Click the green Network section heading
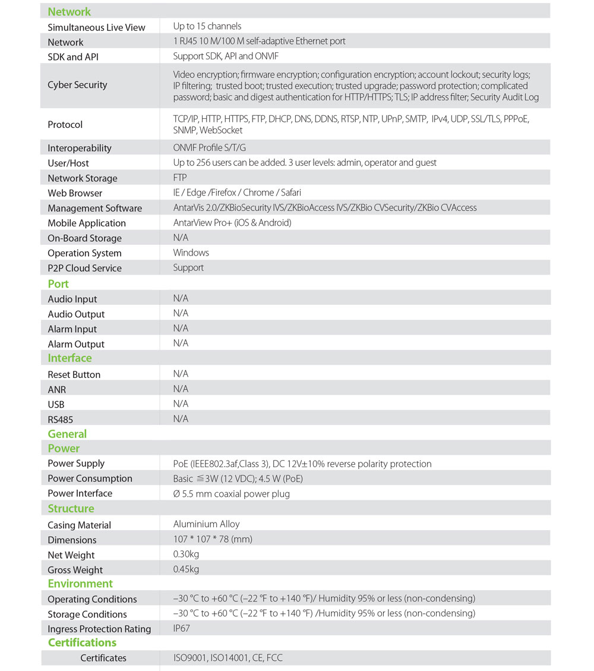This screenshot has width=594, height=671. coord(69,12)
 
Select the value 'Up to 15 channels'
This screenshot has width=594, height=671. coord(207,26)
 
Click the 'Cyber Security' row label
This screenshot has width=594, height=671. coord(77,85)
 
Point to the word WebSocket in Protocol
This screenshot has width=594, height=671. coord(221,130)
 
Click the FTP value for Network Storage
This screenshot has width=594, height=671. coord(180,178)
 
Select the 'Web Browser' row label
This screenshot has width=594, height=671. coord(75,193)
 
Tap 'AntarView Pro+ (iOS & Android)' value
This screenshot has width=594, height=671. coord(232,223)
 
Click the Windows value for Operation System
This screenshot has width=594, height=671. coord(191,253)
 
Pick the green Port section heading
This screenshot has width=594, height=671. coord(58,284)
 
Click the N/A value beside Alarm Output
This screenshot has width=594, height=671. coord(181,344)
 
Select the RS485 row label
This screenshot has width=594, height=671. coord(61,420)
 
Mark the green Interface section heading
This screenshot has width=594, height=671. coord(69,358)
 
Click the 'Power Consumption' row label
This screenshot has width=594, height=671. coord(90,478)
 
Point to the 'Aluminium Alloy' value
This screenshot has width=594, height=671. coord(206,524)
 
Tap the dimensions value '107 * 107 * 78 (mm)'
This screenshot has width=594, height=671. coord(213,540)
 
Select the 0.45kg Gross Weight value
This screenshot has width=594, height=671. coord(186,569)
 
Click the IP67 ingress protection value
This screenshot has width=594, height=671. coord(182,628)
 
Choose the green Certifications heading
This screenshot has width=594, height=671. coord(82,643)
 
